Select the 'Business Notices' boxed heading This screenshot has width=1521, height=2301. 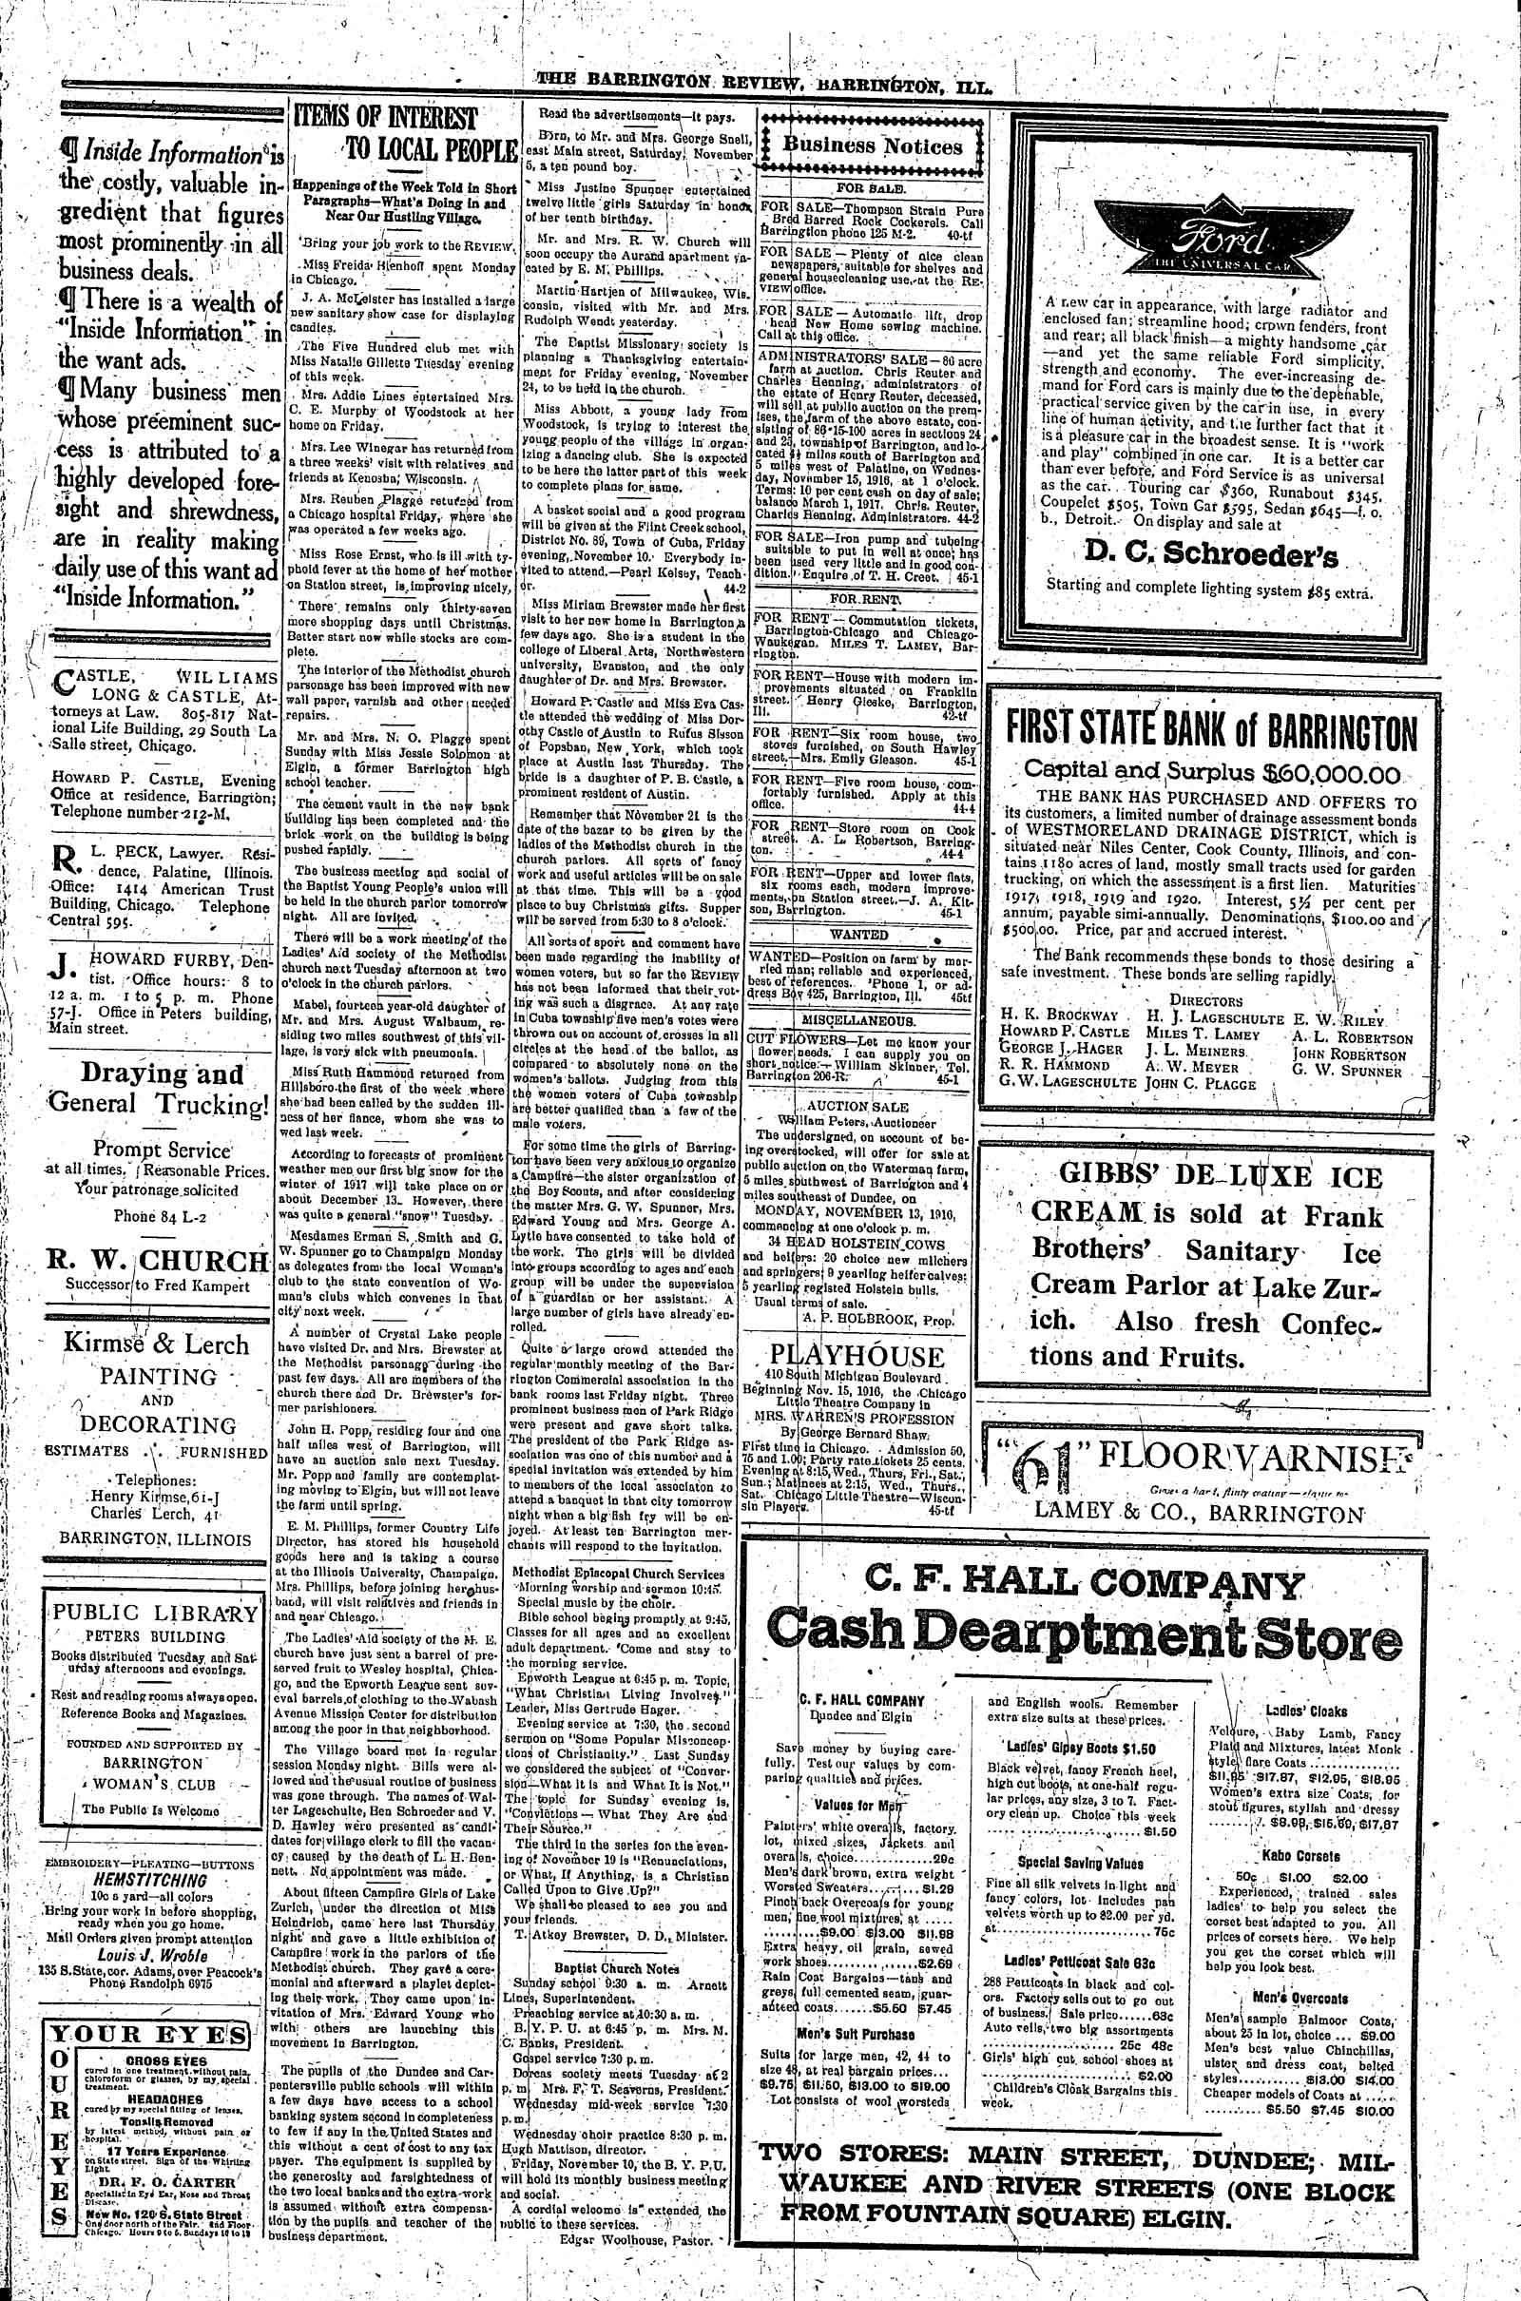(x=872, y=146)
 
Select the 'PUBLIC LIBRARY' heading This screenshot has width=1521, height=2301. (x=156, y=1614)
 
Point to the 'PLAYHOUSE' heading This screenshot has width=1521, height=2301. (x=869, y=1355)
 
